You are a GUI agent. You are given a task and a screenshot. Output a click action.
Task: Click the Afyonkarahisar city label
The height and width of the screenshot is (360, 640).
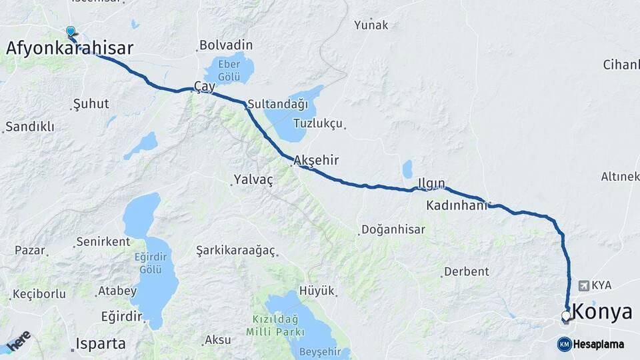pyautogui.click(x=69, y=48)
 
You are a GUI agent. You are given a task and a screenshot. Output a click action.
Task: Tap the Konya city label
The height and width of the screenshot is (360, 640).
pyautogui.click(x=602, y=312)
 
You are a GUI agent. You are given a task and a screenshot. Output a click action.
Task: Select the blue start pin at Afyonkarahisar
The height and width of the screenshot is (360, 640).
pyautogui.click(x=71, y=31)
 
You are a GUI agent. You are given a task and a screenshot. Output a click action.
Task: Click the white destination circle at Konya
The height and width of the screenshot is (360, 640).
pyautogui.click(x=566, y=316)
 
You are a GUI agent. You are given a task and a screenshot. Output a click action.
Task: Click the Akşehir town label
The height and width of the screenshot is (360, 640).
pyautogui.click(x=317, y=161)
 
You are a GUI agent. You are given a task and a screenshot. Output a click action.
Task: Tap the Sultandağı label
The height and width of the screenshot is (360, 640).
pyautogui.click(x=277, y=105)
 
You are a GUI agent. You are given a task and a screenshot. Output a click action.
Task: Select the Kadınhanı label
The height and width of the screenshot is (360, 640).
pyautogui.click(x=457, y=206)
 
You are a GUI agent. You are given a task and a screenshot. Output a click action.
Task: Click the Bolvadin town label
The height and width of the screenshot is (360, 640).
pyautogui.click(x=225, y=45)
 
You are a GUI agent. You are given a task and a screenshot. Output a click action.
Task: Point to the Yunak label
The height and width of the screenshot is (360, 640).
pyautogui.click(x=371, y=25)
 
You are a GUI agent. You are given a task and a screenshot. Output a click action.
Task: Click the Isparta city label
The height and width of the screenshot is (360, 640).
pyautogui.click(x=101, y=344)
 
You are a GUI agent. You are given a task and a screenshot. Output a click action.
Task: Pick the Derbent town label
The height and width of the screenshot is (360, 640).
pyautogui.click(x=465, y=271)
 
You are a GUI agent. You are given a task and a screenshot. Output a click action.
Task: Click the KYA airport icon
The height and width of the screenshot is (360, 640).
pyautogui.click(x=585, y=285)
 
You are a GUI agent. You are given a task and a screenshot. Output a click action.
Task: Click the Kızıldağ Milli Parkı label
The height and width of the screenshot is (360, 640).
pyautogui.click(x=275, y=325)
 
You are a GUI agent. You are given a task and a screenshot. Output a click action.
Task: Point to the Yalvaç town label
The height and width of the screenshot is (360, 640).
pyautogui.click(x=253, y=179)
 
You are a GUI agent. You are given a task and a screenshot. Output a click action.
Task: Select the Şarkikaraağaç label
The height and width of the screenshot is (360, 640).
pyautogui.click(x=235, y=250)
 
